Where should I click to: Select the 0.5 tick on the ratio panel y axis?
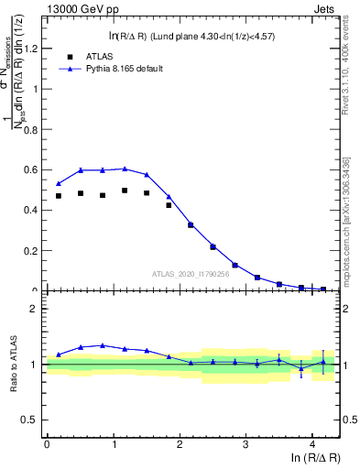[x=33, y=420]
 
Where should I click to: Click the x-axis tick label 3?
[x=245, y=444]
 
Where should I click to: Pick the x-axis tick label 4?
[x=312, y=444]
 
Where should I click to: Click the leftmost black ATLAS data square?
[x=59, y=196]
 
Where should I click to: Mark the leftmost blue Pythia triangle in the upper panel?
[x=59, y=183]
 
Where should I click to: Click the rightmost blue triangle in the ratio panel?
[x=322, y=362]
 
